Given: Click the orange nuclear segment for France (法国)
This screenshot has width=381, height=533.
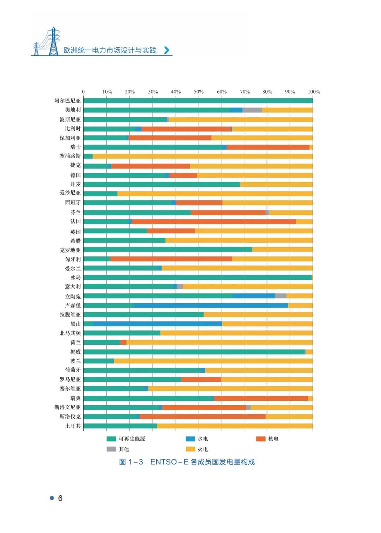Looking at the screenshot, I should (x=213, y=222).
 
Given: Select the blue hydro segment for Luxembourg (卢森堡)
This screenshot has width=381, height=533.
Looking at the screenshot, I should (x=211, y=306).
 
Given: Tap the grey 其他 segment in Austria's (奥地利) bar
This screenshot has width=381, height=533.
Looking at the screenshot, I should (x=252, y=110).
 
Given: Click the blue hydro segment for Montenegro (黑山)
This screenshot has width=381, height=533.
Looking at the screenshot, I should (x=157, y=324).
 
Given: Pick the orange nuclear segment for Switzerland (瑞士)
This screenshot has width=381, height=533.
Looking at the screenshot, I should (x=268, y=147).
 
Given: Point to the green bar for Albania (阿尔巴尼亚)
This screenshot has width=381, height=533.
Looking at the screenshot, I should (x=198, y=101).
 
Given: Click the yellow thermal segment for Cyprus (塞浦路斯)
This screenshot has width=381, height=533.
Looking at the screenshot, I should (x=202, y=156).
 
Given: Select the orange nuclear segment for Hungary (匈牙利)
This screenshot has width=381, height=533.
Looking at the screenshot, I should (x=171, y=259).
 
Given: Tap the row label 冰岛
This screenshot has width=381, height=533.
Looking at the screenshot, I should (x=75, y=278).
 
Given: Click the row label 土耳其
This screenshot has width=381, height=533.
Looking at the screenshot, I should (x=73, y=426).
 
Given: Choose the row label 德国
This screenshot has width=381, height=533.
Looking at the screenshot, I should (x=75, y=175).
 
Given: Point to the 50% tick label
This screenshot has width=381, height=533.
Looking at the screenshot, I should (x=199, y=92).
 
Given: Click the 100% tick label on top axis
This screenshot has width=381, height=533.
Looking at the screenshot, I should (x=314, y=92).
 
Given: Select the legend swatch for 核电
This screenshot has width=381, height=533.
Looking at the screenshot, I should (x=261, y=439).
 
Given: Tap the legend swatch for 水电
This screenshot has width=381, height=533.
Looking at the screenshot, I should (x=190, y=439).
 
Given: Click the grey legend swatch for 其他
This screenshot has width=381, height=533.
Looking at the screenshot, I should (x=111, y=449).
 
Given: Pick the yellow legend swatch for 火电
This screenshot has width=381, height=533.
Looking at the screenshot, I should (x=190, y=449).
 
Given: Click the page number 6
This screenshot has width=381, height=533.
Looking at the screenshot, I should (x=60, y=498).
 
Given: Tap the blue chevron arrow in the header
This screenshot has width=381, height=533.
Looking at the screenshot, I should (x=167, y=50).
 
